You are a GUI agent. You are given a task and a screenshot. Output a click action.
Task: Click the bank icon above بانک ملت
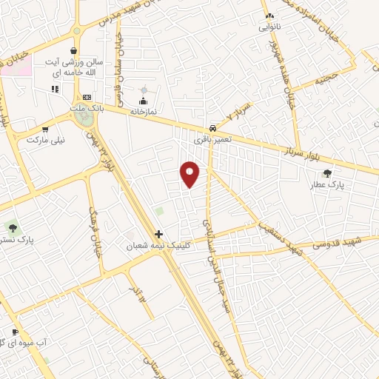[x=87, y=98]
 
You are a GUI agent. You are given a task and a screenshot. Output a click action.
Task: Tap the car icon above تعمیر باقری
[x=212, y=127]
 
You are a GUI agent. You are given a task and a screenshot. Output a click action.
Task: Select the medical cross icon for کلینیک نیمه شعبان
[x=158, y=234]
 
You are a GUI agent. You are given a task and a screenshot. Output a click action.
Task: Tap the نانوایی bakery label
[x=269, y=27]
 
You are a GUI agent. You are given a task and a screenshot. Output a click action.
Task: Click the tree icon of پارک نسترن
[x=10, y=227]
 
